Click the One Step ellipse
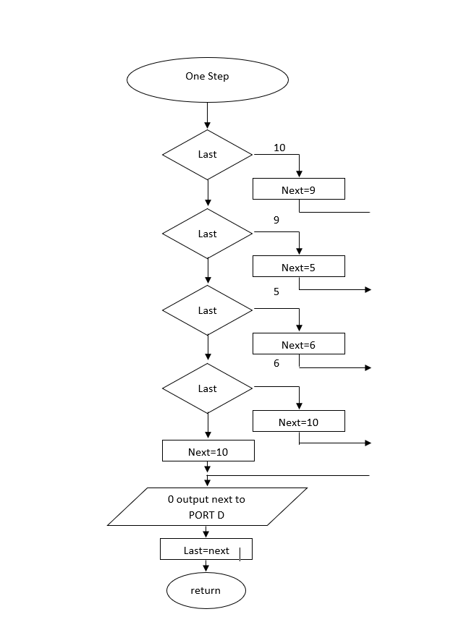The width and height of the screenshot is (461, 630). pos(208,80)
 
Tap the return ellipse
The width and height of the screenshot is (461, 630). pos(206,591)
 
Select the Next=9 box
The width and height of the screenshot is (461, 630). pos(298,190)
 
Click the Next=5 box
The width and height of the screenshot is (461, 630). pos(298,267)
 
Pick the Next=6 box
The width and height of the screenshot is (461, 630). pos(298,344)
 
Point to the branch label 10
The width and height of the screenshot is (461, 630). pos(279,148)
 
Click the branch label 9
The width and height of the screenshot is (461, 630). pos(276,220)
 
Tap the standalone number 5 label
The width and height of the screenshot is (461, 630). pos(276,292)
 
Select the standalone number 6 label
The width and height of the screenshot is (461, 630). pos(276,363)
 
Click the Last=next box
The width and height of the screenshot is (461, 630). pos(206,550)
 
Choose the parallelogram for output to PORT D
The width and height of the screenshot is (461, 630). pos(208,506)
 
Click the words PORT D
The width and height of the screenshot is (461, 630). pos(206,515)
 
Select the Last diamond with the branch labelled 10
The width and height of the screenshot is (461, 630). pos(208,154)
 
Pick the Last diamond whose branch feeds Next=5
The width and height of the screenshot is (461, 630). pos(208,234)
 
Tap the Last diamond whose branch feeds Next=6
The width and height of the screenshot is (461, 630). pos(208,310)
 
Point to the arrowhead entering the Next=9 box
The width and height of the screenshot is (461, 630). pos(299,174)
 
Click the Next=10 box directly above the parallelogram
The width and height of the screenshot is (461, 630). pos(208,451)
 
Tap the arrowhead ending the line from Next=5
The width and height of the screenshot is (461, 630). pos(368,289)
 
